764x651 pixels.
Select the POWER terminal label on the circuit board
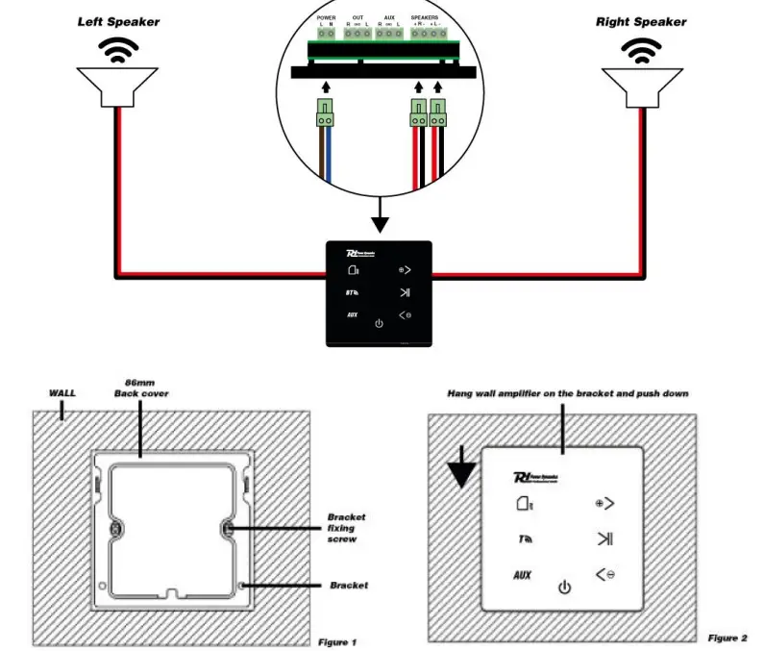point(326,17)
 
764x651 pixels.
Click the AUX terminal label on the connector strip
point(389,17)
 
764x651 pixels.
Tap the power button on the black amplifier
point(379,323)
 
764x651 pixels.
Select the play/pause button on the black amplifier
point(405,293)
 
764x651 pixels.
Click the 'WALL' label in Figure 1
point(62,393)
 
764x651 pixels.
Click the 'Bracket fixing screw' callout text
point(347,528)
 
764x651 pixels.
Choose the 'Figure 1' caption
point(337,641)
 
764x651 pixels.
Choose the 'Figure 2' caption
point(727,638)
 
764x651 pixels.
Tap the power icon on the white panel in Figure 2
point(564,587)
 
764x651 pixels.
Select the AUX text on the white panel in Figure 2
point(522,575)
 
